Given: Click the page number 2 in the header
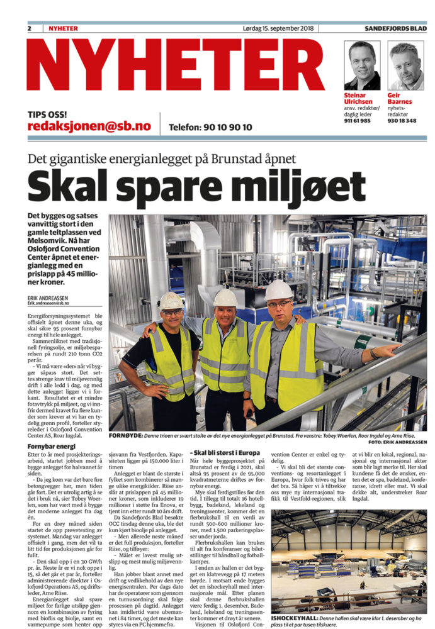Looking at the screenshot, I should click(x=30, y=28).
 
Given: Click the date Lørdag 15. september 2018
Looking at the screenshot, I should click(x=278, y=28).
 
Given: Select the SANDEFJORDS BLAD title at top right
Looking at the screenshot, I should click(x=395, y=28).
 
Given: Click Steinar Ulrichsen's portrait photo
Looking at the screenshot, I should click(x=363, y=65).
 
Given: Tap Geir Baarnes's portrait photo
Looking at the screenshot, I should click(x=406, y=65).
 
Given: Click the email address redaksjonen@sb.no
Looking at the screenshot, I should click(x=90, y=126).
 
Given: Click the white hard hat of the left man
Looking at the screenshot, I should click(x=171, y=301).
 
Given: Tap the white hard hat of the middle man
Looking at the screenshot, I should click(x=225, y=297).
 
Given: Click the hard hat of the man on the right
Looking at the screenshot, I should click(x=278, y=290).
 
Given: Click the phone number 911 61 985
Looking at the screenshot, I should click(x=357, y=120).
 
